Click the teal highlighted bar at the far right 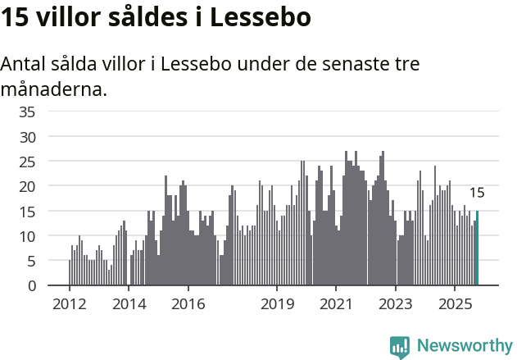(x=477, y=248)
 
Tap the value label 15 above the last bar (x=476, y=194)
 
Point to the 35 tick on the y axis (x=27, y=112)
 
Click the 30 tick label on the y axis (x=27, y=136)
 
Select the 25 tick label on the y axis (x=27, y=162)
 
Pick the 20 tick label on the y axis (x=27, y=186)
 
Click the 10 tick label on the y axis (x=27, y=236)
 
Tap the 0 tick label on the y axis (x=31, y=286)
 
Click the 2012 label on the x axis (x=69, y=304)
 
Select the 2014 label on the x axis (x=129, y=304)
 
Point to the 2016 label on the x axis (x=188, y=304)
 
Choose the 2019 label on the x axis (x=277, y=304)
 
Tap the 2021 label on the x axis (x=336, y=304)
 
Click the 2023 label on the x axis (x=396, y=304)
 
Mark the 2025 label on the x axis (x=455, y=304)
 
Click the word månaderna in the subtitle (x=54, y=89)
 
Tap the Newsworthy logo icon (x=400, y=347)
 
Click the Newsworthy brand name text (x=465, y=346)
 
